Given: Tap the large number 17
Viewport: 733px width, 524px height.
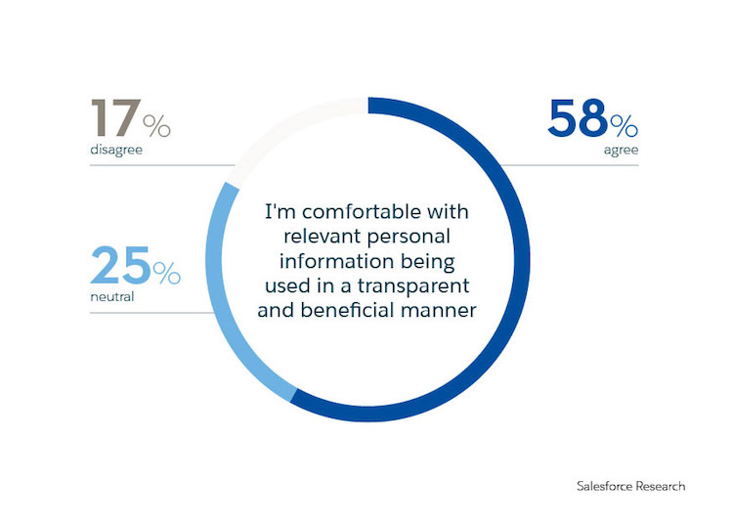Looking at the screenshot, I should [116, 120].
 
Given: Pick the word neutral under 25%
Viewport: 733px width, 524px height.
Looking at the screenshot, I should [110, 297].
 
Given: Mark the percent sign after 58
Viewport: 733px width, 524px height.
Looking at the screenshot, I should [625, 124].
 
